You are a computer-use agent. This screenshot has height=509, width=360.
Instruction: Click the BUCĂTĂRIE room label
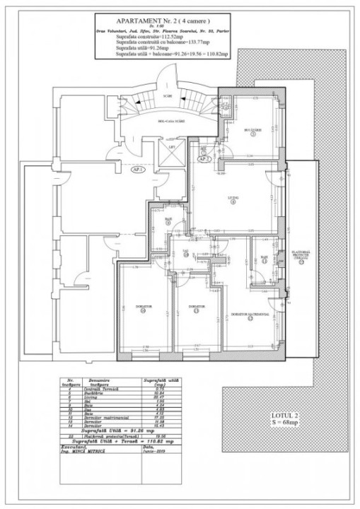click(x=252, y=130)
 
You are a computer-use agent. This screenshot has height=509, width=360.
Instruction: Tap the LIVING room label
click(x=233, y=197)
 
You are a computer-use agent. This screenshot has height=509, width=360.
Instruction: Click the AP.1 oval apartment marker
click(x=139, y=170)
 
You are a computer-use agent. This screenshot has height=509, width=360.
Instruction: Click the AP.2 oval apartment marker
click(x=204, y=159)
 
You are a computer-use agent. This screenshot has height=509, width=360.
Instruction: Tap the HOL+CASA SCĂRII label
click(x=168, y=122)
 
